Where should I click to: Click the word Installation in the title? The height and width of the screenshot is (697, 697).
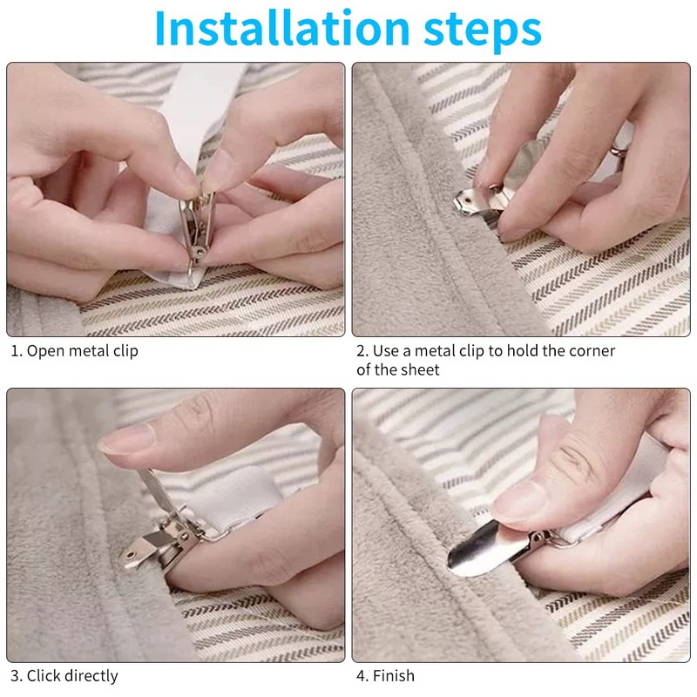pyautogui.click(x=281, y=28)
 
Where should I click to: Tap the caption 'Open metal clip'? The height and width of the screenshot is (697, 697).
pyautogui.click(x=82, y=351)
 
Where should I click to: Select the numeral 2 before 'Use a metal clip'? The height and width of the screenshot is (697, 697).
pyautogui.click(x=361, y=351)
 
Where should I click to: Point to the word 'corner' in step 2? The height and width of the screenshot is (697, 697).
pyautogui.click(x=592, y=351)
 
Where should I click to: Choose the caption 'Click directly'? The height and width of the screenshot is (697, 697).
pyautogui.click(x=72, y=676)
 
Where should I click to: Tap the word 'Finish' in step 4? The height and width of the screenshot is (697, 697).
pyautogui.click(x=394, y=676)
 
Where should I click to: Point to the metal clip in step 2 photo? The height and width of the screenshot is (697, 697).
pyautogui.click(x=483, y=202)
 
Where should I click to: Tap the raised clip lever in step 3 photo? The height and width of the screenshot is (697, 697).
pyautogui.click(x=157, y=493)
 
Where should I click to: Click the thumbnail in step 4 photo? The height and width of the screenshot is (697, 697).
pyautogui.click(x=519, y=502)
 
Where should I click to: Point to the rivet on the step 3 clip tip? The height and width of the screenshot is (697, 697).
pyautogui.click(x=131, y=555)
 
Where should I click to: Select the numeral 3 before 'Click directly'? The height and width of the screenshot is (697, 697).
pyautogui.click(x=15, y=676)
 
